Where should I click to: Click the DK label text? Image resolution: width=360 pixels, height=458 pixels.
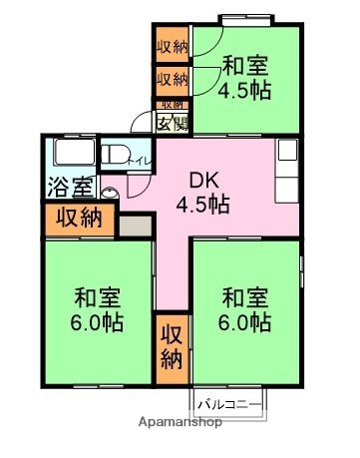(203, 182)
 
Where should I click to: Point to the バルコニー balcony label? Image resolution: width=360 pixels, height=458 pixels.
(228, 404)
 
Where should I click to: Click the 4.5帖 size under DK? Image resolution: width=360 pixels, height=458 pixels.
(203, 206)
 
